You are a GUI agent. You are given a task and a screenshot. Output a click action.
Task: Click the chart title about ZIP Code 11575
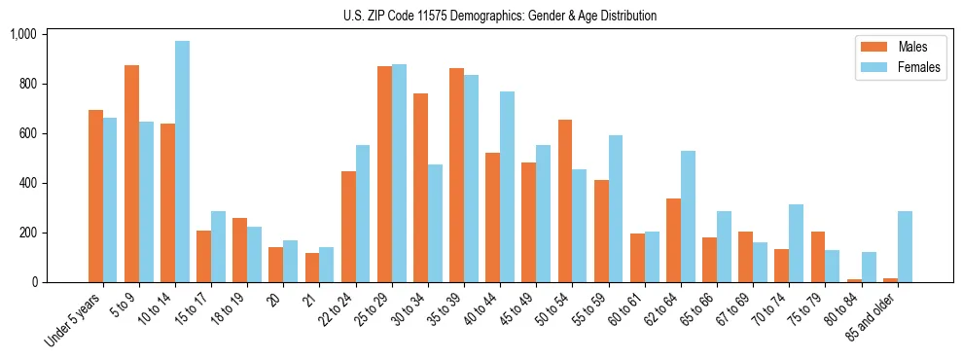[x=500, y=16]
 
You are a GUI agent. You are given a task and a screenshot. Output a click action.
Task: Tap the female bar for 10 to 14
[x=182, y=162]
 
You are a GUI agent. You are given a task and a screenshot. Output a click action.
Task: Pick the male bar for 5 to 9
[x=131, y=173]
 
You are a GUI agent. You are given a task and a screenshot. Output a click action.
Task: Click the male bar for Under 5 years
[x=95, y=196]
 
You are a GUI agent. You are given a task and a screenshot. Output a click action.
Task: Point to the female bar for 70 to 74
[x=796, y=243]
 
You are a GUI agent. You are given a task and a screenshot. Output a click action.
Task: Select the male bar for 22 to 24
[x=348, y=227]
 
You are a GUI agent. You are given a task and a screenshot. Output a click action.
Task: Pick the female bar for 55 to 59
[x=616, y=208]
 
